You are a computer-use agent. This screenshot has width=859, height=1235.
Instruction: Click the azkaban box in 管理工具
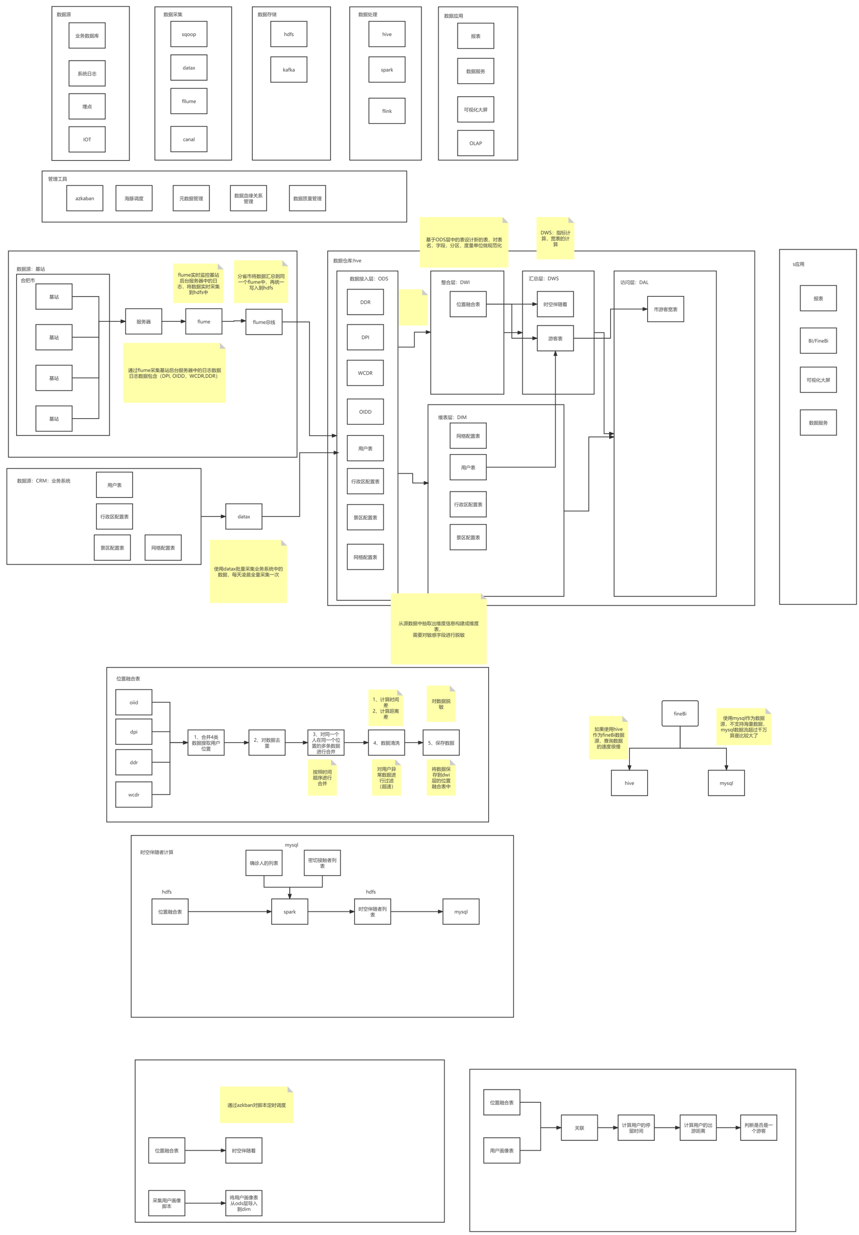point(84,199)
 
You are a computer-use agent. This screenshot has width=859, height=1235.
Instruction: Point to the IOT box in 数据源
point(87,139)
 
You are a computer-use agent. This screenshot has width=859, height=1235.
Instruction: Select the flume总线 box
point(263,322)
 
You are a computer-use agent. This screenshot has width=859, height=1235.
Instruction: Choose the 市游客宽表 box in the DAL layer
point(665,309)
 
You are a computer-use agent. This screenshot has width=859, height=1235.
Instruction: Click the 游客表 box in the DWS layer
point(555,338)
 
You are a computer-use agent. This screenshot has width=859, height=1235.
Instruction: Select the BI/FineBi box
point(818,340)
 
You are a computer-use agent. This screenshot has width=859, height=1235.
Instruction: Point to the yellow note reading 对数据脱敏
point(441,703)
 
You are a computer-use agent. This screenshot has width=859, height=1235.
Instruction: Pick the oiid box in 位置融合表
point(134,702)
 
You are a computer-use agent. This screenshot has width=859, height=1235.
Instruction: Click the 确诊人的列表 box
point(263,863)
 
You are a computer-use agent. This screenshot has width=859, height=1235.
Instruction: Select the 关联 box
point(579,1128)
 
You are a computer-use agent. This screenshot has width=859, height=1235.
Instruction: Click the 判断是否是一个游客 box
point(758,1128)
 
